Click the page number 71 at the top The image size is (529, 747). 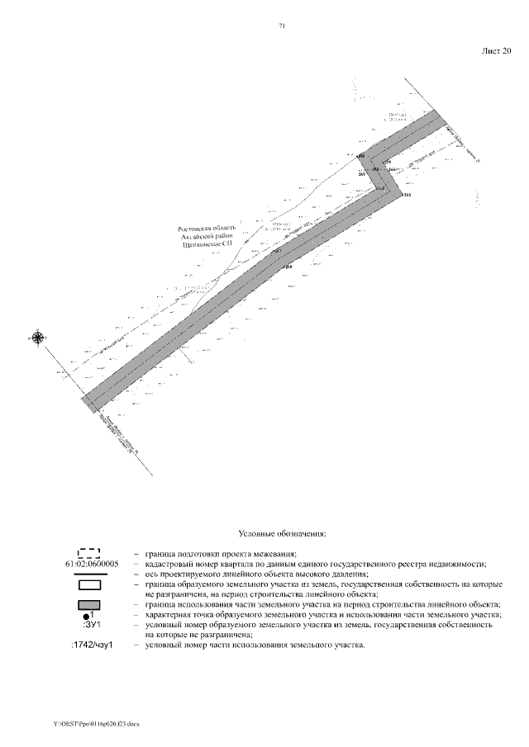coord(283,26)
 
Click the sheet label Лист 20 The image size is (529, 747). coord(497,50)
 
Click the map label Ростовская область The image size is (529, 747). coord(207,229)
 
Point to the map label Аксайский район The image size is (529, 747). coord(207,237)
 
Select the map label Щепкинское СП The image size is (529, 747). coord(207,245)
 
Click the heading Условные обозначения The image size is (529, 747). coord(282,534)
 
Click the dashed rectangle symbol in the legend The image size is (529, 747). coord(88,552)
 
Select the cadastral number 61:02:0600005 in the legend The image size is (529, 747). coord(89,563)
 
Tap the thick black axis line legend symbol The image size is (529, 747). coord(89,573)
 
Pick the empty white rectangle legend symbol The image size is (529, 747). coord(89,584)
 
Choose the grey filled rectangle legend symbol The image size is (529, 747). coord(89,606)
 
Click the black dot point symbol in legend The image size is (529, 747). coord(87,617)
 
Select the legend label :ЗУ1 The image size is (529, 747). coord(90,626)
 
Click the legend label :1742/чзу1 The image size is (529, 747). coord(90,645)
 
